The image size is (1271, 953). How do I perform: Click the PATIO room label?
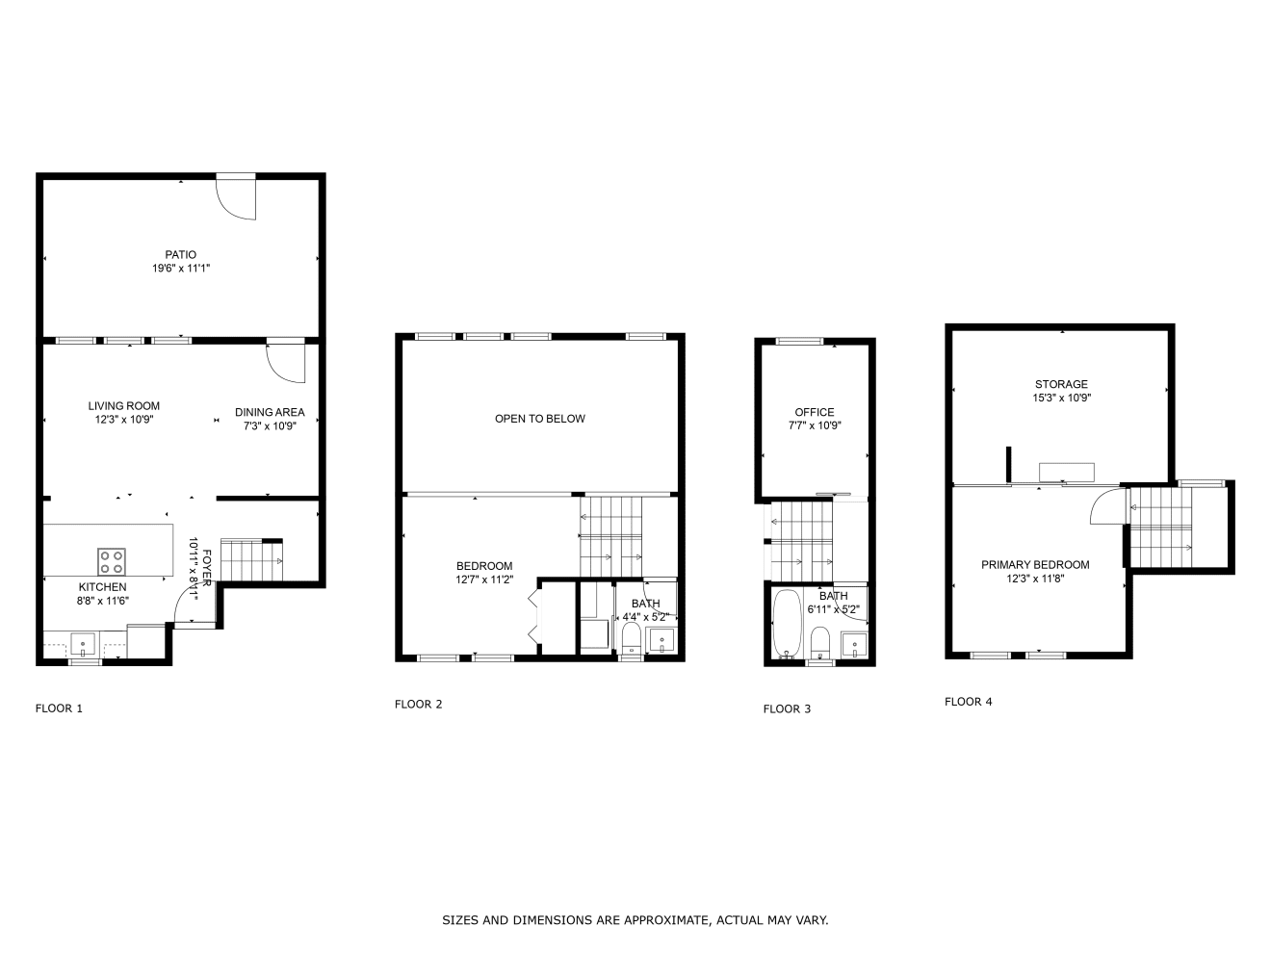(x=181, y=254)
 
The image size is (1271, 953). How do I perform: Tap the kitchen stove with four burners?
(x=111, y=561)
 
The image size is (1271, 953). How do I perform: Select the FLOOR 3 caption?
(x=787, y=708)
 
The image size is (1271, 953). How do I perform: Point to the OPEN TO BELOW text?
(x=539, y=419)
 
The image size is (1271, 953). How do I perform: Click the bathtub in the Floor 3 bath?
(x=787, y=624)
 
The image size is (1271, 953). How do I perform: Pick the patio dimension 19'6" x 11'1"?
(x=181, y=268)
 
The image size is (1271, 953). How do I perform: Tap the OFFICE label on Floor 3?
(x=815, y=412)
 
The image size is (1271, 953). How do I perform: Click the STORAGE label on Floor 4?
(x=1061, y=384)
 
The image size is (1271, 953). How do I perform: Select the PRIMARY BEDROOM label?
(x=1035, y=565)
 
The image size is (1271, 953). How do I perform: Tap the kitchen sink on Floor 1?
(x=83, y=644)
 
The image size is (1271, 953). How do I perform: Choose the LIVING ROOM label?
(x=124, y=406)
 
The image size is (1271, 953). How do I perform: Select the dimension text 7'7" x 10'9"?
(x=815, y=425)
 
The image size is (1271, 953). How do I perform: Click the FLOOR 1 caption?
(x=59, y=708)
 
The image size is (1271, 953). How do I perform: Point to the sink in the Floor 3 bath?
(x=854, y=645)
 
